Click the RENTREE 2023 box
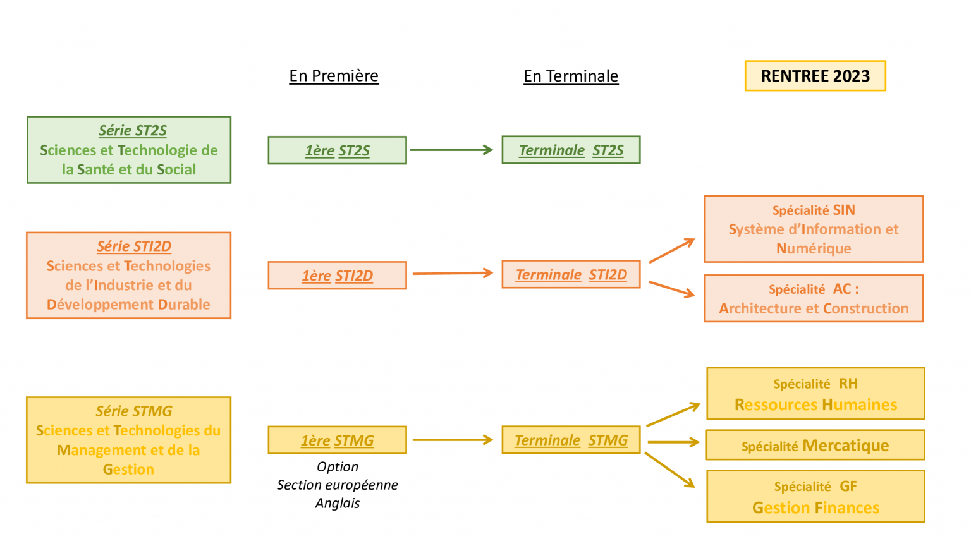815,76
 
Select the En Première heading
334,76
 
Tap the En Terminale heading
571,76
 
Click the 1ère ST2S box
337,150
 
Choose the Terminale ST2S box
571,150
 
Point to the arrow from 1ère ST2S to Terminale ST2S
451,150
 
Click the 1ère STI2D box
337,276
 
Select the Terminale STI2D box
571,275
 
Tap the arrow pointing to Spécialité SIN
671,250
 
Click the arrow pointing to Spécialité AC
671,289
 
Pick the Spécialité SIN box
814,229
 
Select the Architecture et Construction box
814,298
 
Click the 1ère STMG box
337,440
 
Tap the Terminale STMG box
571,440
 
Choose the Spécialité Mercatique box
815,446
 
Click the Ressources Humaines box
815,394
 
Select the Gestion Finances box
815,497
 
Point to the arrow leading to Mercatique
673,442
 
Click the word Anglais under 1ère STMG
338,503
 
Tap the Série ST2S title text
133,131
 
